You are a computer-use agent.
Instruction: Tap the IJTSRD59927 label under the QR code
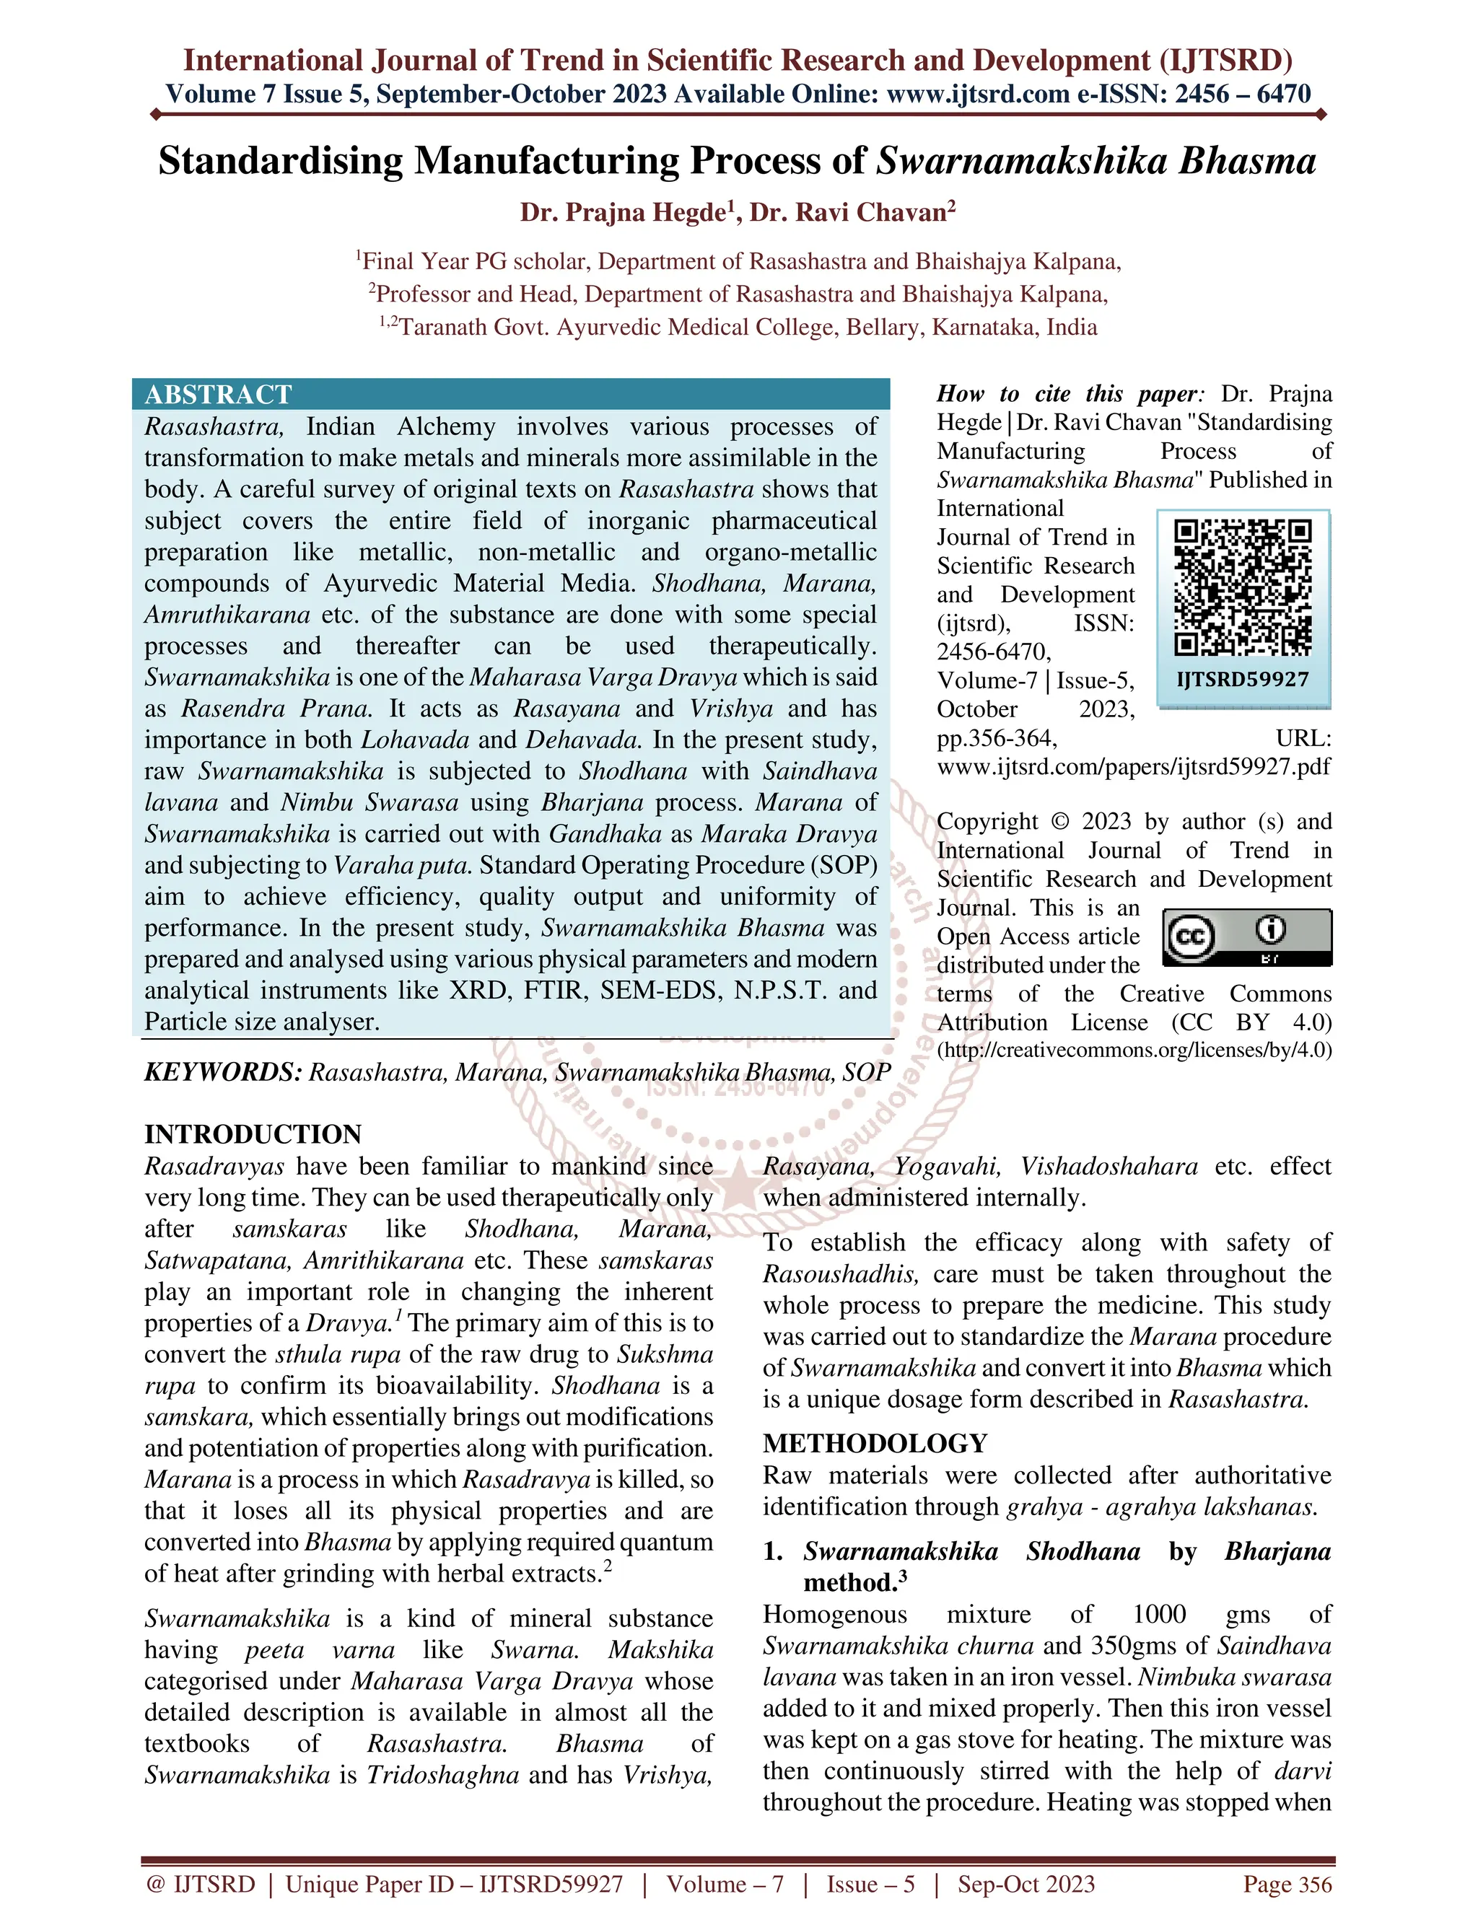coord(1243,680)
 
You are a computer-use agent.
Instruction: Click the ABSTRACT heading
coord(218,395)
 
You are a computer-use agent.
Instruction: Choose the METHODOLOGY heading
coord(875,1444)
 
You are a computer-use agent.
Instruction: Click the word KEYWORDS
coord(222,1072)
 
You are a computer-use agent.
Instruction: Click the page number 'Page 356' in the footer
coord(1287,1884)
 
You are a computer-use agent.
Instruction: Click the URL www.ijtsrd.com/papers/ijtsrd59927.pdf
coord(1133,767)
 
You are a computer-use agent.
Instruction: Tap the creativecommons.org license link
coord(1134,1050)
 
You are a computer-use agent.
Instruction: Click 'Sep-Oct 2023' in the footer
coord(1026,1884)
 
